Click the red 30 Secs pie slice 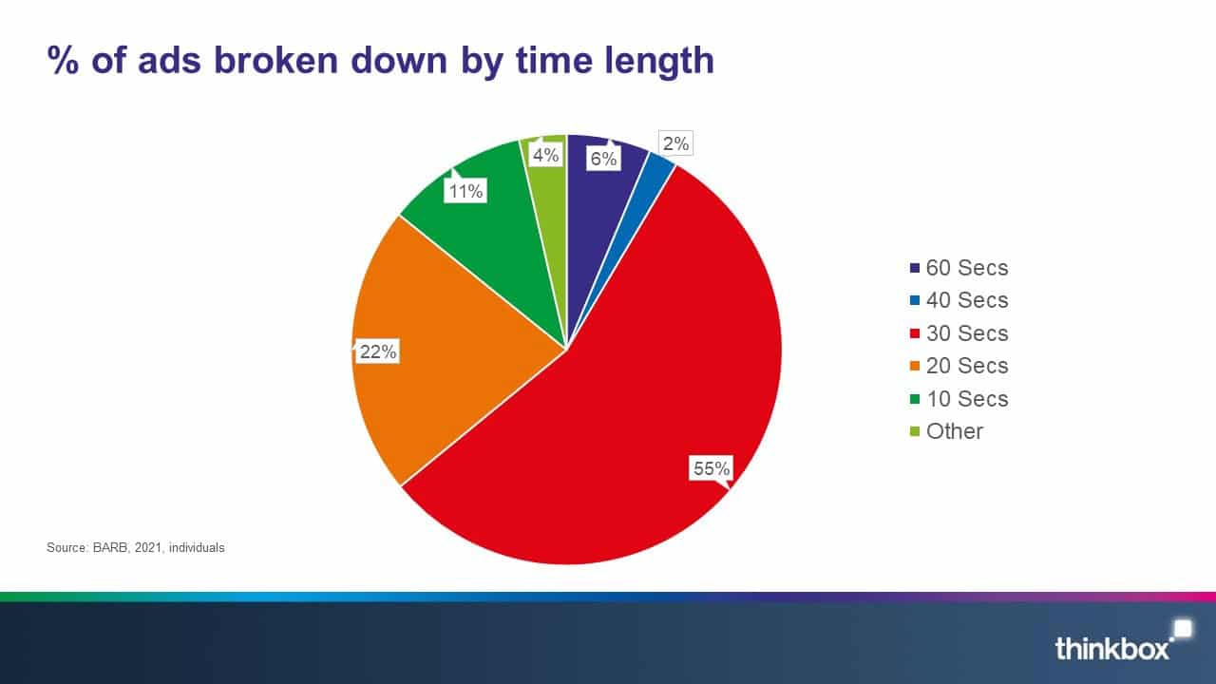click(x=646, y=408)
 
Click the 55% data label click(x=712, y=468)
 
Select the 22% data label click(x=378, y=351)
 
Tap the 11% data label click(x=465, y=191)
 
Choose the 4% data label click(x=545, y=154)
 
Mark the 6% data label click(x=603, y=159)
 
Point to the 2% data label click(x=676, y=144)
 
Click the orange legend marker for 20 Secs click(x=915, y=367)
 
